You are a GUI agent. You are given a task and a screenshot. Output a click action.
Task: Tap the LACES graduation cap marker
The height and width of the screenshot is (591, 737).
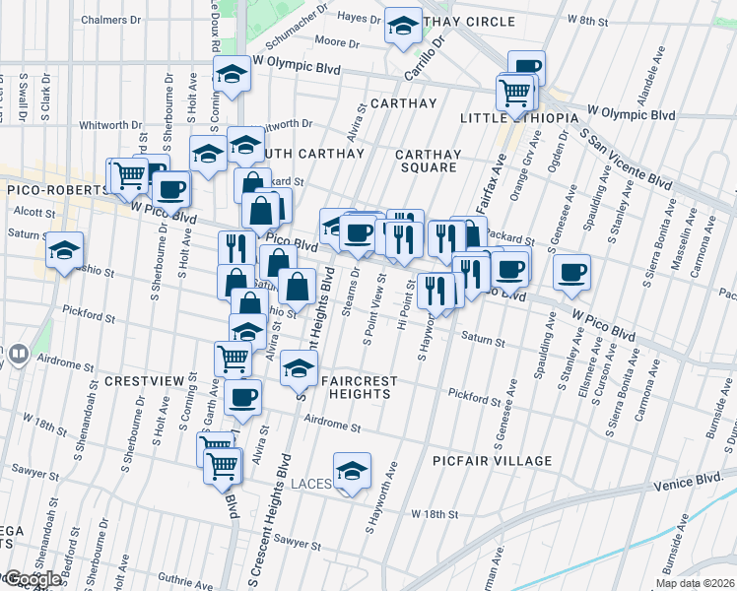tap(351, 472)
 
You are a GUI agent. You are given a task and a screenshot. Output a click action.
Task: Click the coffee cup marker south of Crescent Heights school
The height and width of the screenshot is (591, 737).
tap(242, 398)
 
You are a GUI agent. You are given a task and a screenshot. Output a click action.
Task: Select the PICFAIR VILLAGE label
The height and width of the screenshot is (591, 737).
tap(493, 461)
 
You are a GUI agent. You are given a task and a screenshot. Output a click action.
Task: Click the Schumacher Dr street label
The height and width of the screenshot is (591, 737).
tap(304, 33)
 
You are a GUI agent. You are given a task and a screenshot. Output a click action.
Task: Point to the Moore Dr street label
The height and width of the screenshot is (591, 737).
tap(338, 42)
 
